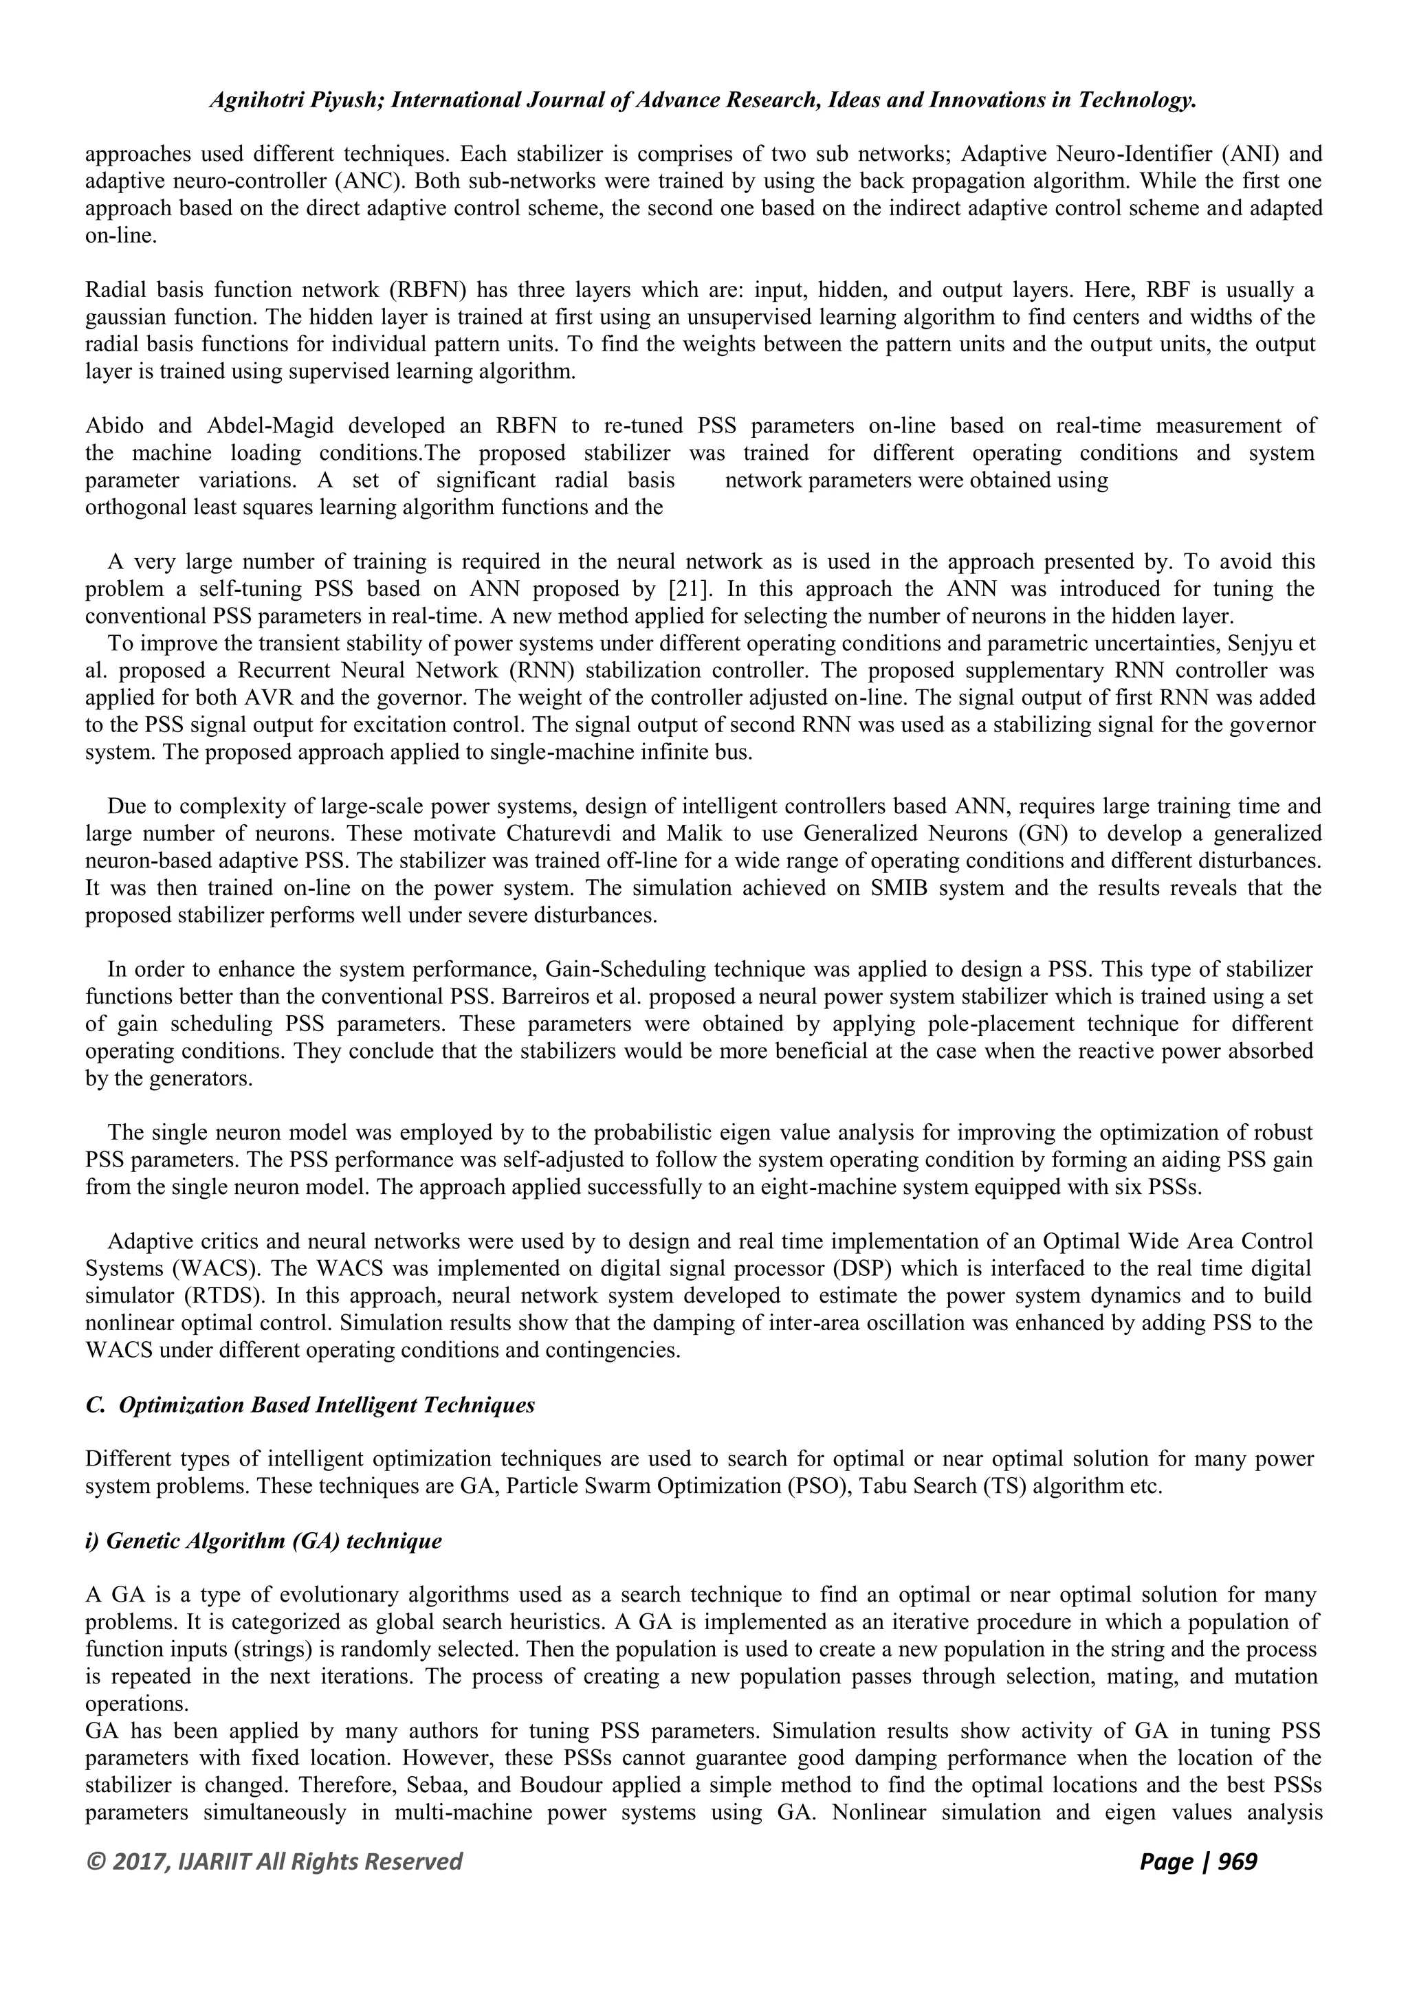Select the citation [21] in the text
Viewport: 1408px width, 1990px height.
tap(690, 588)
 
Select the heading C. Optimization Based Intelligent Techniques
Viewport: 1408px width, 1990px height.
tap(310, 1405)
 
